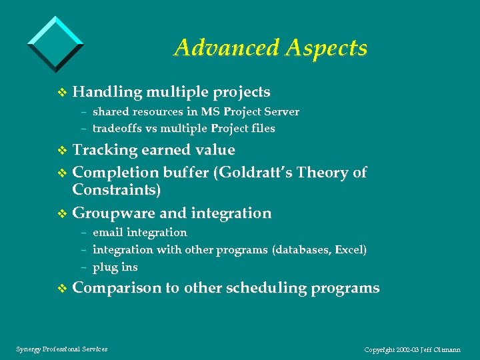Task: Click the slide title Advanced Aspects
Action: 270,47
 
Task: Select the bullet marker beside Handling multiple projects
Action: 63,93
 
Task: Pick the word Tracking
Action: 104,150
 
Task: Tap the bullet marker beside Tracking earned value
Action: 63,151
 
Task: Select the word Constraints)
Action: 116,190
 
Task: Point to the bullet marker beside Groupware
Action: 63,214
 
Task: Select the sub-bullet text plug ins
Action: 115,267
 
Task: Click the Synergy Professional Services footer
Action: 61,349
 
